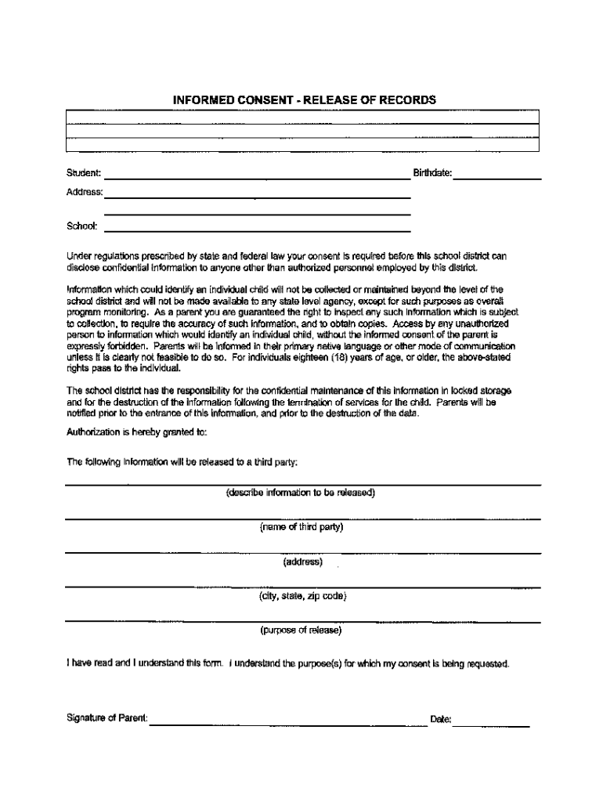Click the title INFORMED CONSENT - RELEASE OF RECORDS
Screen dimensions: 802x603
304,100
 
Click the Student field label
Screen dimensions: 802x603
83,172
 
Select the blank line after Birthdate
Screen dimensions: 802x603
497,177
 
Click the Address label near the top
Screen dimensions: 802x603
85,192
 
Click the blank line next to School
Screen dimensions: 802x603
258,230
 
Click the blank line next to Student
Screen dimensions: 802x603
258,177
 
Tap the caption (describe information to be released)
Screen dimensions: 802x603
301,493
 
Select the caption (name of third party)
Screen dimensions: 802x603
301,527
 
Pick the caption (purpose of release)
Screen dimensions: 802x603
301,630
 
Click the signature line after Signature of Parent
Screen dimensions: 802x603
278,723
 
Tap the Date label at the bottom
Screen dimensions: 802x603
441,719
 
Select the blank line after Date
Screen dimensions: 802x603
493,723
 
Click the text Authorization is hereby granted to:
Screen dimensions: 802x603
137,432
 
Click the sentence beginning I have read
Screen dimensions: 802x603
288,664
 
